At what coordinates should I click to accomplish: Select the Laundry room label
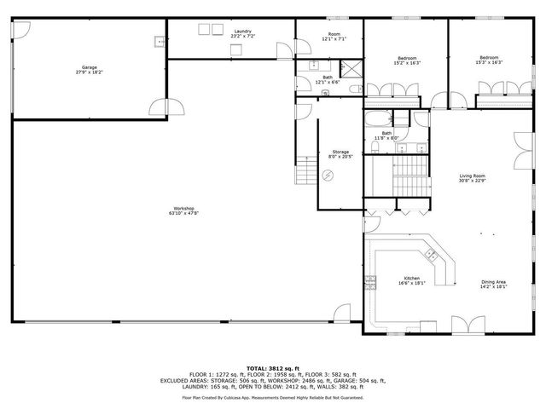(241, 32)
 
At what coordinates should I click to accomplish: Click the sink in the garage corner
(159, 40)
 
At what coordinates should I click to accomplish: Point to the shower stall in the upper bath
(350, 71)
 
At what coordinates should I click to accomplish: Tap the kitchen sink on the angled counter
(432, 254)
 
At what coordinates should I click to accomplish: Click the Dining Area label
(493, 282)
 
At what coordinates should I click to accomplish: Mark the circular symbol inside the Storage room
(329, 176)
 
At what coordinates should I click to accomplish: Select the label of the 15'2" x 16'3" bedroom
(407, 58)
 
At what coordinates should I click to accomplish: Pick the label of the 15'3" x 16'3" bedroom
(489, 58)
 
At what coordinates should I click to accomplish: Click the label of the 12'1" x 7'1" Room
(334, 35)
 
